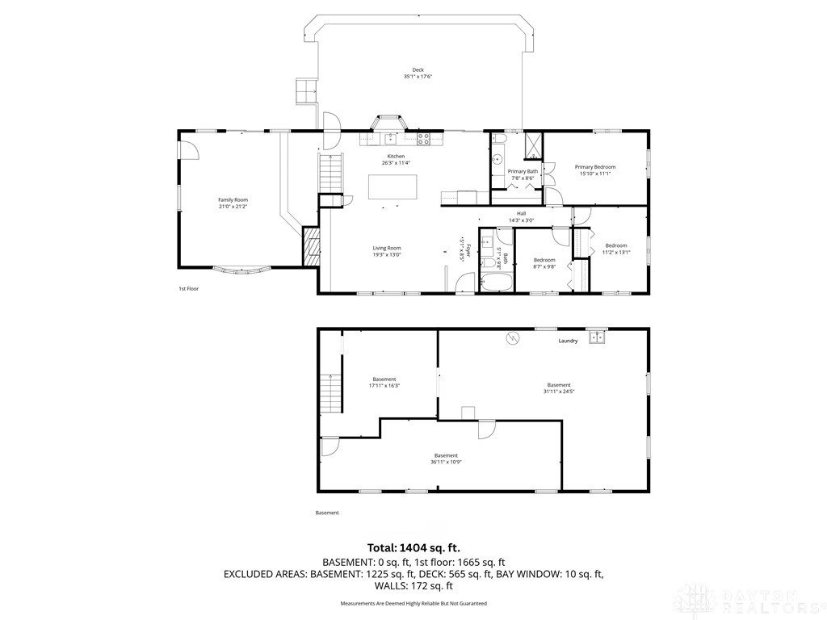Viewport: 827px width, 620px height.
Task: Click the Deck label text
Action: [418, 70]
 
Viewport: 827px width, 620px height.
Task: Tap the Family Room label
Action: [233, 199]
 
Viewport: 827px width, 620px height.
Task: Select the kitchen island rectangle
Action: [394, 186]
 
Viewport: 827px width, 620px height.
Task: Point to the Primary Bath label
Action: [523, 171]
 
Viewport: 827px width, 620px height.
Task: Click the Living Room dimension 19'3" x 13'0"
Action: [387, 255]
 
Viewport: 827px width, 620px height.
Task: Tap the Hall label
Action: [522, 214]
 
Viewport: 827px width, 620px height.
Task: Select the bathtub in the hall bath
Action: [496, 283]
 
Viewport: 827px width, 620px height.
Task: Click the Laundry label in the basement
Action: [568, 341]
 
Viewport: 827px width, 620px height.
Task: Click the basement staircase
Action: [330, 394]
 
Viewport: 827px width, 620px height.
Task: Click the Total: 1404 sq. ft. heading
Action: [413, 547]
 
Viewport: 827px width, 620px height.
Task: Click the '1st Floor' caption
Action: [188, 288]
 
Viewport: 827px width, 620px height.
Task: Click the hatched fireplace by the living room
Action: [311, 246]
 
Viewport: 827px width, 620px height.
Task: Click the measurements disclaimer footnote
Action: [413, 603]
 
